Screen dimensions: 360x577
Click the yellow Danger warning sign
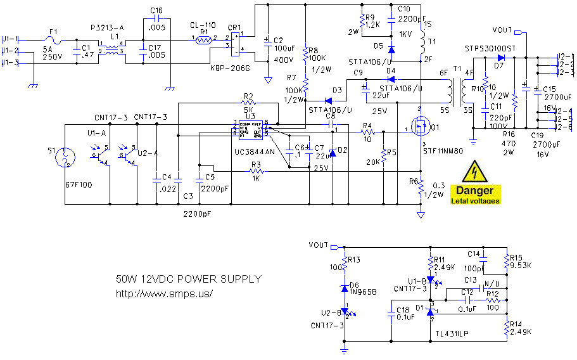point(475,183)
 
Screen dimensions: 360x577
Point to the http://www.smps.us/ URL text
point(164,293)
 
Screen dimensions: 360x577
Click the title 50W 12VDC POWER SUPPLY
point(188,279)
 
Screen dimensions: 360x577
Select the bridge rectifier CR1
point(235,42)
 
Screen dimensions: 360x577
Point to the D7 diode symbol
point(500,57)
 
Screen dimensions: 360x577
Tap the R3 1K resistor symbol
point(257,171)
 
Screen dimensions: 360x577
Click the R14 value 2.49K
point(521,331)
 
